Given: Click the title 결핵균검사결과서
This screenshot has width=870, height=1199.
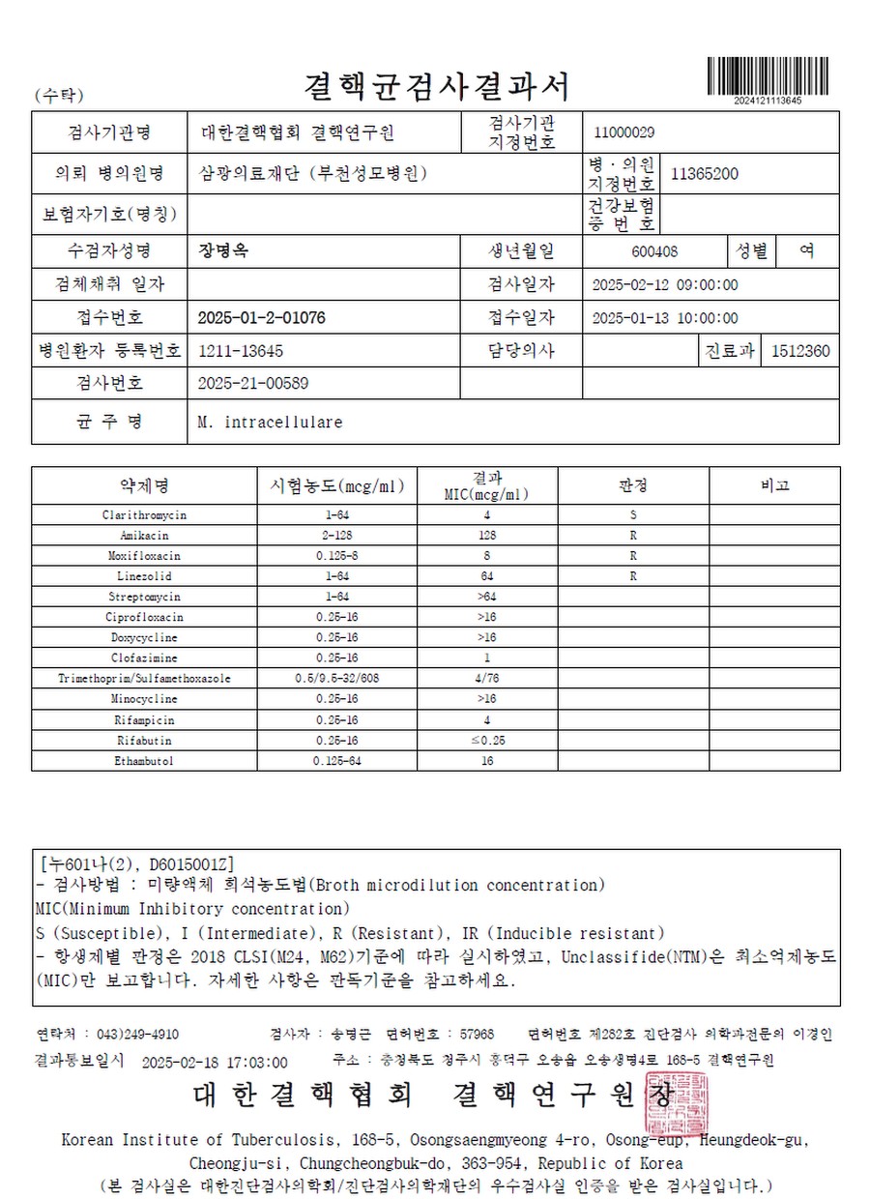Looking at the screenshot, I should click(x=436, y=86).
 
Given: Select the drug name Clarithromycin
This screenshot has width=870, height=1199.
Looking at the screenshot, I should click(x=145, y=515).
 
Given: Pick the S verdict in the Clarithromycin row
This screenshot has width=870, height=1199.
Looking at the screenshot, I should click(x=633, y=515).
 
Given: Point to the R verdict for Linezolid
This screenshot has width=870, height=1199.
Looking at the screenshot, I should click(x=633, y=576).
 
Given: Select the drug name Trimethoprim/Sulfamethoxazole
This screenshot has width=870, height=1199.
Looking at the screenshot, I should click(x=145, y=679).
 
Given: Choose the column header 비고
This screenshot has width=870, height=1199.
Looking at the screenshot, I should click(x=774, y=485).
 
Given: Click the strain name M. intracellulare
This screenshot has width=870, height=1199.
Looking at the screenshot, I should click(x=270, y=423).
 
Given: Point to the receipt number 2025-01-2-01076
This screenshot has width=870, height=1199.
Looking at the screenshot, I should click(x=261, y=318).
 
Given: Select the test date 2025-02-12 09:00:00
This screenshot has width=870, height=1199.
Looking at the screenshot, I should click(x=664, y=285).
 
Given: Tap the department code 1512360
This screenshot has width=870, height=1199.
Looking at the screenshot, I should click(x=800, y=351).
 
